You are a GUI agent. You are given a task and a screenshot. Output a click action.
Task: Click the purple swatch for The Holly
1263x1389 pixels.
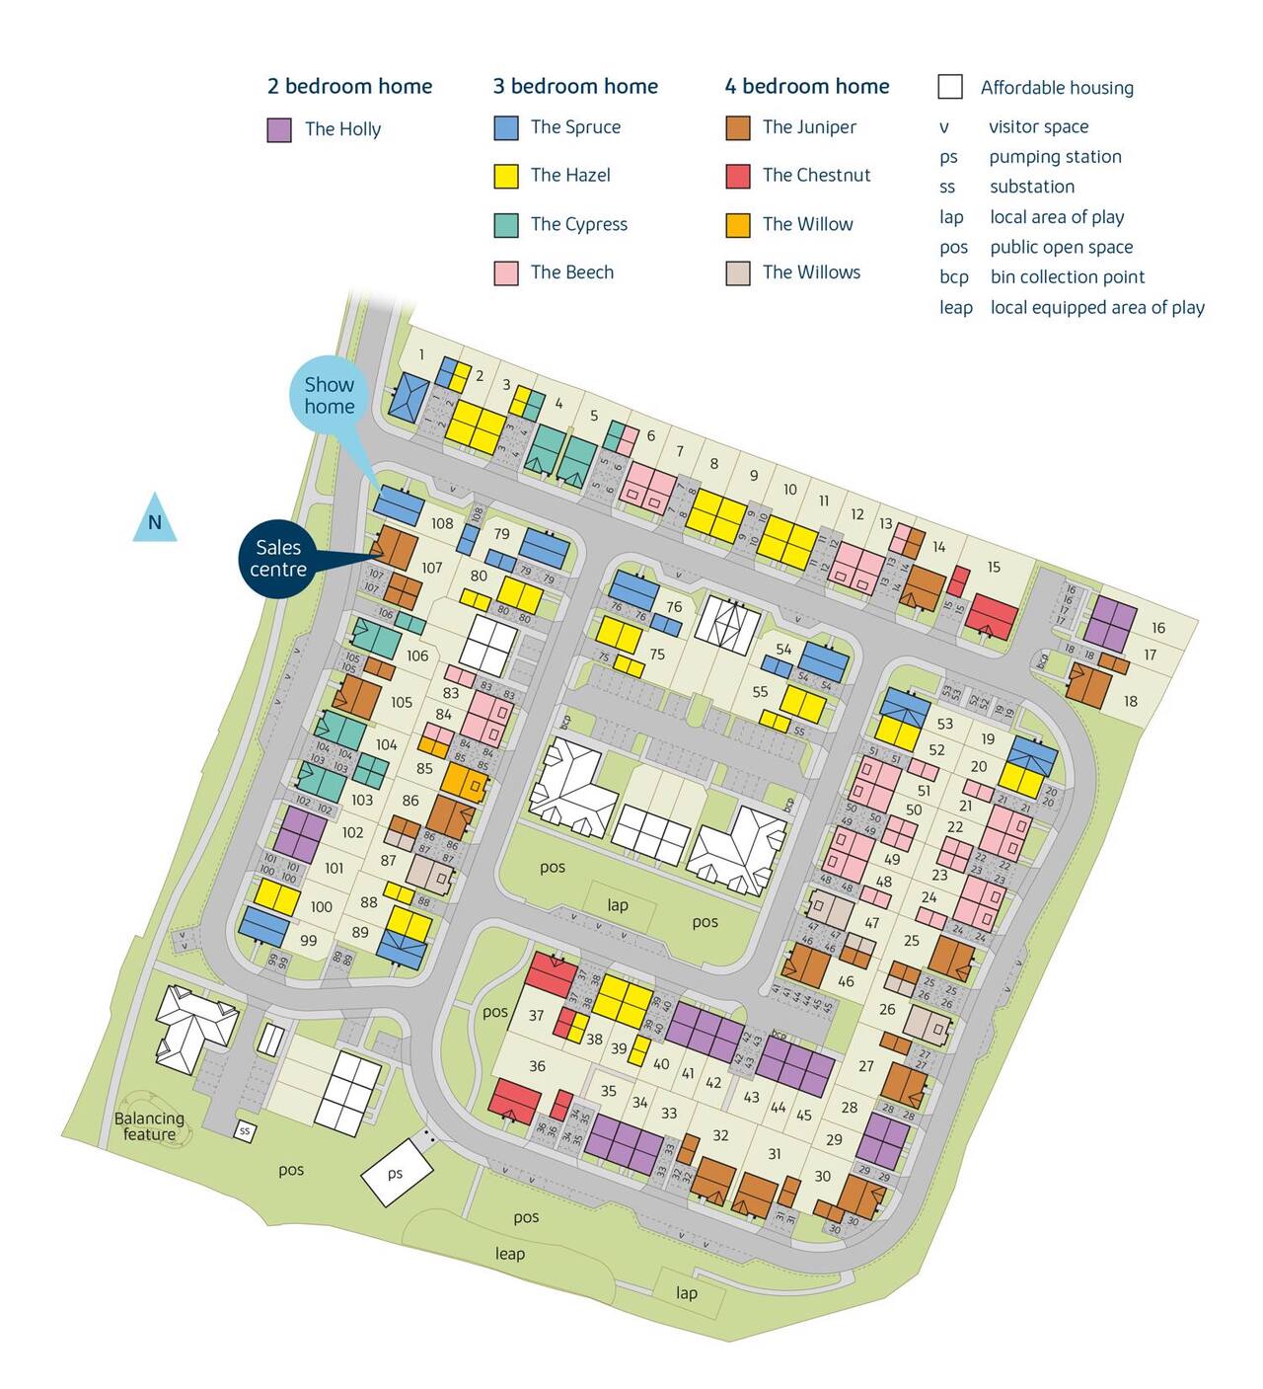pos(279,130)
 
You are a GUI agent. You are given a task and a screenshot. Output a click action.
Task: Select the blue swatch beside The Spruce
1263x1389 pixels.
pos(506,127)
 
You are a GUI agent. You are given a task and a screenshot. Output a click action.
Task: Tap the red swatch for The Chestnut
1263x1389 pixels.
pos(738,176)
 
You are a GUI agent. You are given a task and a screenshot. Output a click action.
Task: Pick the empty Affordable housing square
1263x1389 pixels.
pos(950,87)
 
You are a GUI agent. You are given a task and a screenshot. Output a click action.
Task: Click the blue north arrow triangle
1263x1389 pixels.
pos(155,520)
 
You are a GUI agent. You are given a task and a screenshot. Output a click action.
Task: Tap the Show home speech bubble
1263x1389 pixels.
pos(329,396)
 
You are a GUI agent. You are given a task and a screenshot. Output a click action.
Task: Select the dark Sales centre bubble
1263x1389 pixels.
pos(278,559)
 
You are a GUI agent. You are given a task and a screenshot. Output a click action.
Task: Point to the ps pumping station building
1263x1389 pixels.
pos(396,1173)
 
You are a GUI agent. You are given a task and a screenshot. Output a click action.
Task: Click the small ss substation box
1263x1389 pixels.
pos(245,1131)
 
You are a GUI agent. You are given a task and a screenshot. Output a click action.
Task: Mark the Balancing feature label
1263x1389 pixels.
pos(149,1126)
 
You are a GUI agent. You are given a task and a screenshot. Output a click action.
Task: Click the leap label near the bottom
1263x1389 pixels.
pos(509,1254)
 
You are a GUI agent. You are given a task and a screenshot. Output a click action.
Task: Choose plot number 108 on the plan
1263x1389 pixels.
pos(442,523)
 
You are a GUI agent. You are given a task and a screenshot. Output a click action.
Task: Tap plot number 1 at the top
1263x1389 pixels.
pos(421,354)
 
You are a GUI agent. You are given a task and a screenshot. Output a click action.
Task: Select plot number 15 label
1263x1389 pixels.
pos(994,567)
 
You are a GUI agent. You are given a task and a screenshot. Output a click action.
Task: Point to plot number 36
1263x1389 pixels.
pos(537,1066)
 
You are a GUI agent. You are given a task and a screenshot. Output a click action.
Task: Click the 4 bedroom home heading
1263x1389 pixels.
pos(806,87)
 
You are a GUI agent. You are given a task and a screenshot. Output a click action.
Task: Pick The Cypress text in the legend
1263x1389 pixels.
pos(578,224)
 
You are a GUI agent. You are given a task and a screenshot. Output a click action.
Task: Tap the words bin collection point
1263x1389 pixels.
pos(1068,277)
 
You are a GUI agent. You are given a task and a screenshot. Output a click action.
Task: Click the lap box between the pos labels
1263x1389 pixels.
pos(618,904)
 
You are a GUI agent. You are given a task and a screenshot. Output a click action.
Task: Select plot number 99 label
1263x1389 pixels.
pos(309,941)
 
